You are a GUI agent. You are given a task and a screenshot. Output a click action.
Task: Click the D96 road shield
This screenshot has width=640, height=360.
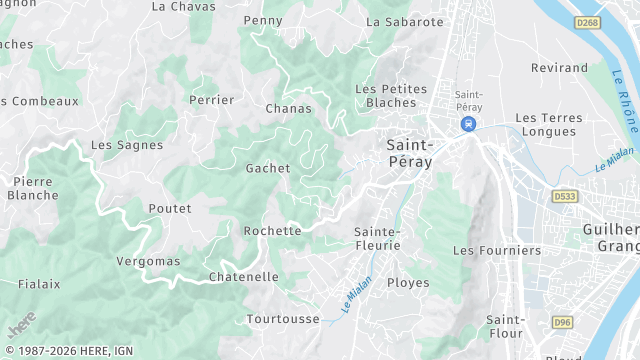pyautogui.click(x=562, y=322)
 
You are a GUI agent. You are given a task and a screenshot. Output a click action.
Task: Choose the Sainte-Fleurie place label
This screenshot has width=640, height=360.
pyautogui.click(x=378, y=238)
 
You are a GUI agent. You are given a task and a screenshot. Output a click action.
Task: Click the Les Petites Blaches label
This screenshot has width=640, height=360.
pyautogui.click(x=391, y=95)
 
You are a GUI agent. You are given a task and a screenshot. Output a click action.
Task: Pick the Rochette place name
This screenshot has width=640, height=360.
pyautogui.click(x=272, y=231)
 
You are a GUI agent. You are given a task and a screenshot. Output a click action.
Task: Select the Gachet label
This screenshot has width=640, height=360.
pyautogui.click(x=268, y=168)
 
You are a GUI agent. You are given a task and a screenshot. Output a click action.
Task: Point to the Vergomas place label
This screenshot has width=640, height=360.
pyautogui.click(x=149, y=261)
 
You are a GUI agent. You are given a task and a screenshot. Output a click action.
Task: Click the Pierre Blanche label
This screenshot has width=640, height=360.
pyautogui.click(x=33, y=188)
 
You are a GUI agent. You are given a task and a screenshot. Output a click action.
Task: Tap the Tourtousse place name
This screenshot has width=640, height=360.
pyautogui.click(x=283, y=319)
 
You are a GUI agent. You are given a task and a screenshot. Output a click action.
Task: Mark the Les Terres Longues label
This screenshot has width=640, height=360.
pyautogui.click(x=547, y=124)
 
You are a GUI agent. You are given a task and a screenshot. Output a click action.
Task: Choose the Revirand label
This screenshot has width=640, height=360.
pyautogui.click(x=558, y=68)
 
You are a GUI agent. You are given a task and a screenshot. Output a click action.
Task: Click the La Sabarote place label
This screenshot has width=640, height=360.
pyautogui.click(x=405, y=21)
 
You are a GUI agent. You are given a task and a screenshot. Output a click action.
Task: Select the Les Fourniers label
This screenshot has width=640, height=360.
pyautogui.click(x=497, y=250)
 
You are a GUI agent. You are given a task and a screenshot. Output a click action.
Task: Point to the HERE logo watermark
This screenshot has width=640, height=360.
pyautogui.click(x=21, y=325)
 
